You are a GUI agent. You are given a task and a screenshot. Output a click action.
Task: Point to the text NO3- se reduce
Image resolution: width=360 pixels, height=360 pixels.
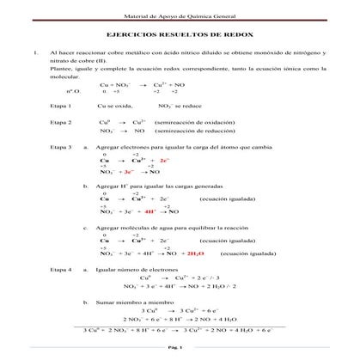click(x=183, y=104)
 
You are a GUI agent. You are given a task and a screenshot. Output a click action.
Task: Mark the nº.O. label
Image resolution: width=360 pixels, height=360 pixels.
click(x=73, y=90)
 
